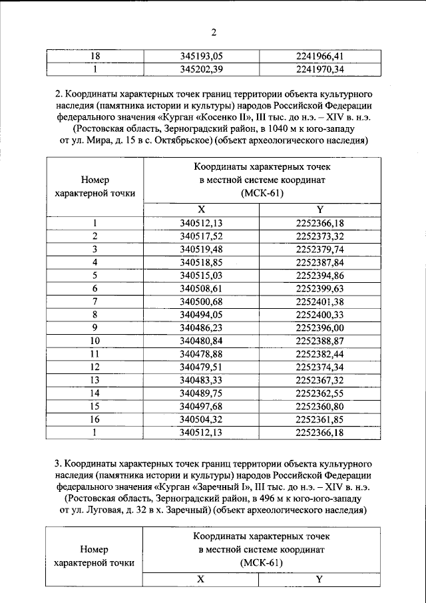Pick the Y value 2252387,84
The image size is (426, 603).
click(x=319, y=262)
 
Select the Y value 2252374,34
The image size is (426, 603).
click(x=319, y=366)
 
